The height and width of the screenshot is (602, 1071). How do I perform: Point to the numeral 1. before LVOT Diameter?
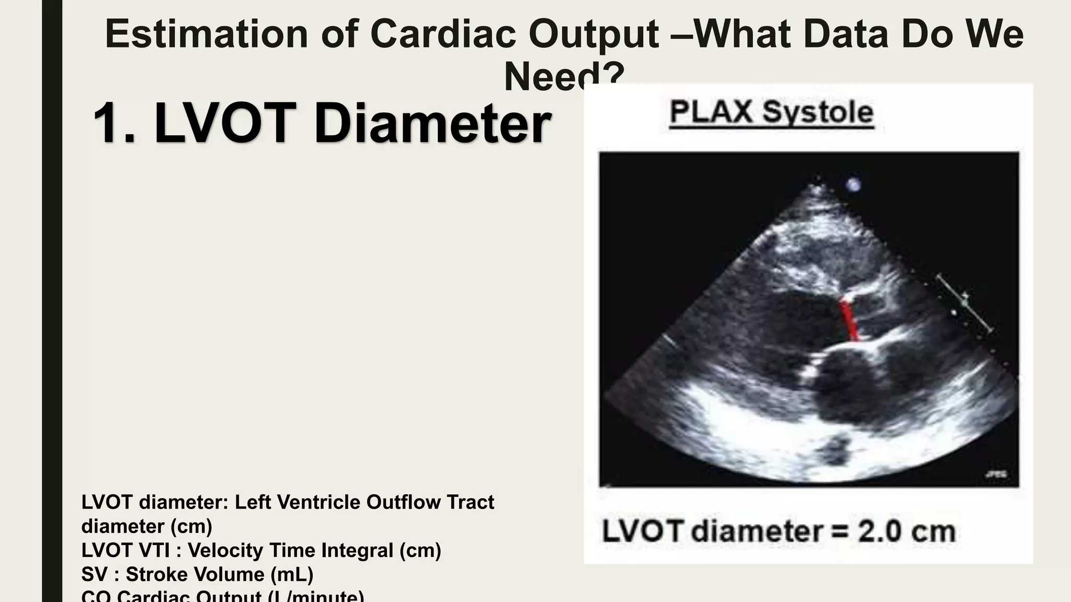114,123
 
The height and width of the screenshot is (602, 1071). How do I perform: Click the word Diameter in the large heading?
432,123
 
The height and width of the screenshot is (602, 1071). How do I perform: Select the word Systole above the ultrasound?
818,112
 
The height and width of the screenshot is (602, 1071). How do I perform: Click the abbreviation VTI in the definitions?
152,550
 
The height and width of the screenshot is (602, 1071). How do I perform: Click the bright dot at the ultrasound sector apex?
853,184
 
